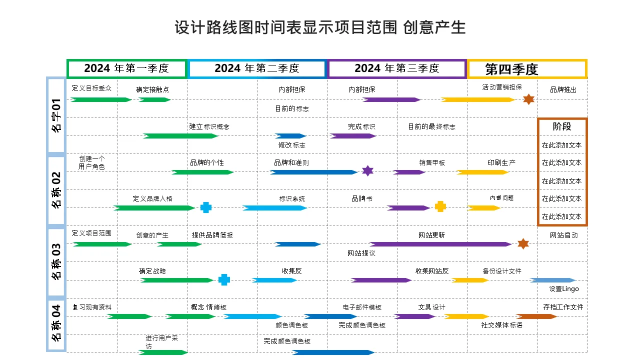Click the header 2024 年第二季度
[x=257, y=68]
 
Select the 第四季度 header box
[x=527, y=69]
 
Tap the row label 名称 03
[x=56, y=261]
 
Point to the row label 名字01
[x=56, y=115]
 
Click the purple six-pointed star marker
[x=367, y=171]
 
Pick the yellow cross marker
[x=440, y=206]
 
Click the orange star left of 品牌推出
[x=528, y=99]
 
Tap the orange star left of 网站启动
[x=523, y=243]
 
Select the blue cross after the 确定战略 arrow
[x=224, y=280]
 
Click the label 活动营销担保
[x=501, y=87]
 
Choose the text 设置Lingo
[x=563, y=289]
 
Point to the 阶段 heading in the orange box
[x=562, y=127]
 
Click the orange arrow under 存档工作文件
[x=536, y=316]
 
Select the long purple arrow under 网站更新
[x=440, y=244]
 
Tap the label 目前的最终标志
[x=431, y=127]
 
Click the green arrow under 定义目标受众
[x=101, y=99]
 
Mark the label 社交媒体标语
[x=501, y=325]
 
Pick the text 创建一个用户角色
[x=91, y=162]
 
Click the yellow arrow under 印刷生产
[x=482, y=172]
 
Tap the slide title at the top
[x=320, y=27]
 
